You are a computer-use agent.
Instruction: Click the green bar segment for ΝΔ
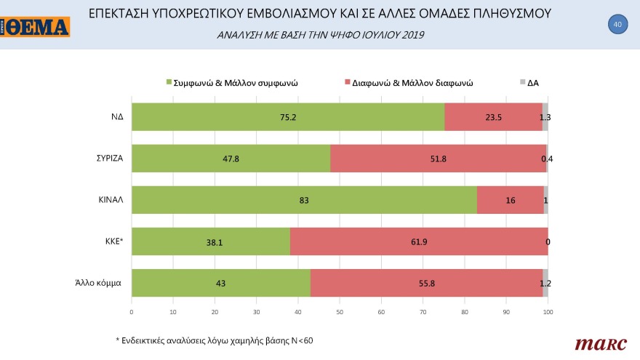coord(287,116)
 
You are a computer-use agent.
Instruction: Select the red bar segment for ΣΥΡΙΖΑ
coord(439,158)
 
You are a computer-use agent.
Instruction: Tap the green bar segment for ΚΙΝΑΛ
coord(304,200)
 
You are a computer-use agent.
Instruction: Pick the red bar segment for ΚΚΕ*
coord(419,241)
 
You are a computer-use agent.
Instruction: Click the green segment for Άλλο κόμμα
coord(221,283)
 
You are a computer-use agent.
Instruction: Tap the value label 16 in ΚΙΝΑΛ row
coord(511,200)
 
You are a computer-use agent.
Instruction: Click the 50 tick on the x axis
coord(340,312)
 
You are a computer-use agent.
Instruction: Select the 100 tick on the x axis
coord(548,312)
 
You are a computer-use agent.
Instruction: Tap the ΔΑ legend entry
coord(532,83)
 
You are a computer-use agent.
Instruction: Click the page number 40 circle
coord(617,25)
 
